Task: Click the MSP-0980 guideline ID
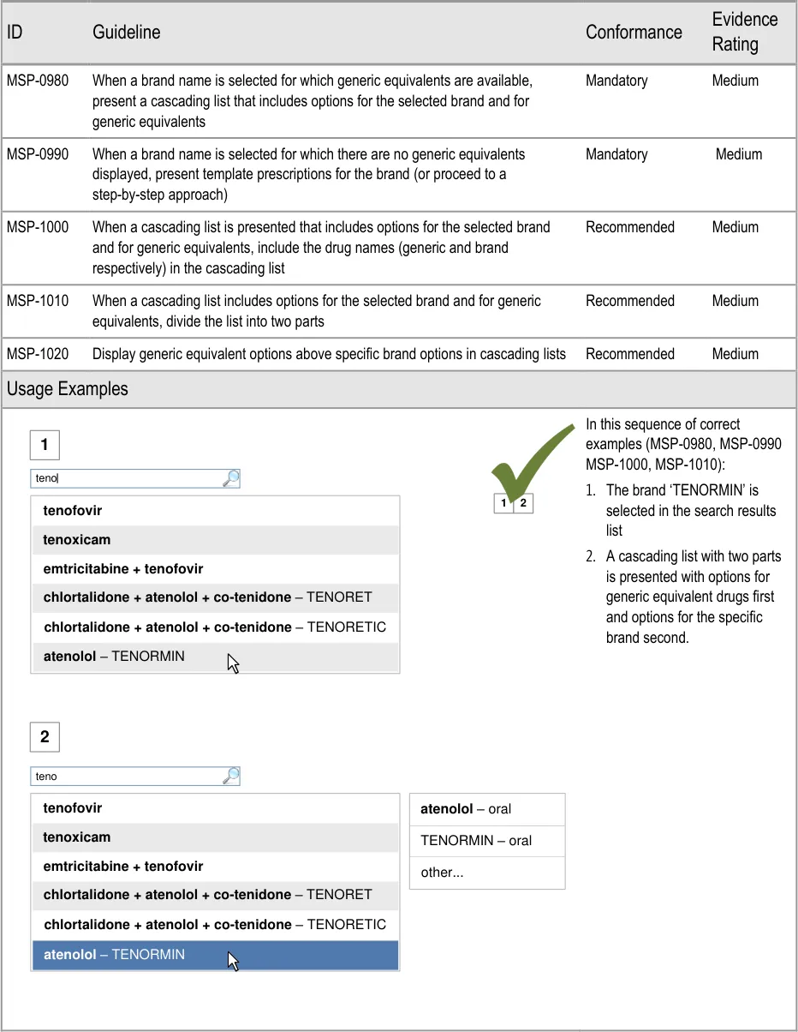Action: (x=38, y=81)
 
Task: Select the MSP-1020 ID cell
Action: (x=38, y=354)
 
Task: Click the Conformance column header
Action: (x=634, y=33)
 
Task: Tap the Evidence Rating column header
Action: (x=744, y=32)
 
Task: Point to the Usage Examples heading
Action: (x=68, y=389)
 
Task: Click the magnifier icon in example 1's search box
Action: (x=230, y=478)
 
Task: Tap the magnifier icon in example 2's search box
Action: (x=230, y=776)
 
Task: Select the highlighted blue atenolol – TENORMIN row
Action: (x=215, y=955)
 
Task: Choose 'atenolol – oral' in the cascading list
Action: (x=466, y=809)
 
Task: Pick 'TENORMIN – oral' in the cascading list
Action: (x=476, y=841)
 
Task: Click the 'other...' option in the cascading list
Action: (x=442, y=873)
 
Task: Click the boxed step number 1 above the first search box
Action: (x=45, y=446)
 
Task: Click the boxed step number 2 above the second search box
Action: (x=45, y=736)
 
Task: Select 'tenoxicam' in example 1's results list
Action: (x=77, y=540)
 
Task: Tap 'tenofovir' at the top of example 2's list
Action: (x=73, y=808)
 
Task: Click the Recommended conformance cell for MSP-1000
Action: (x=630, y=227)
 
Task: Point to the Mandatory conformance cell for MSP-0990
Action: (x=616, y=154)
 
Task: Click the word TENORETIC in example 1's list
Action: (x=346, y=627)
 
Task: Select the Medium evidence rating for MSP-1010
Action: (x=735, y=301)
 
